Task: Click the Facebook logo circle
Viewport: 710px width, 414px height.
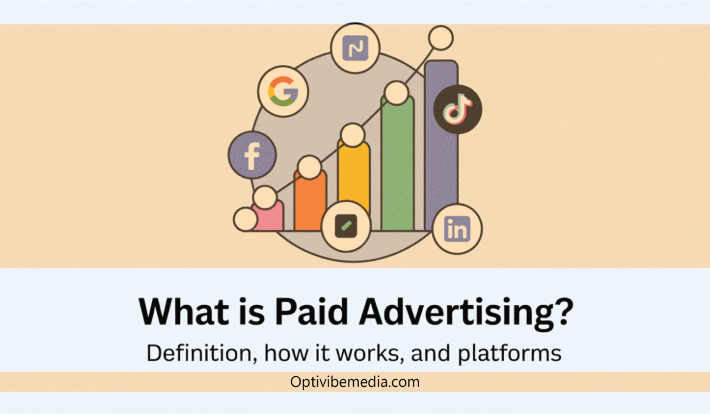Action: (x=252, y=155)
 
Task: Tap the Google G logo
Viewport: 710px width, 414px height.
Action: (x=283, y=91)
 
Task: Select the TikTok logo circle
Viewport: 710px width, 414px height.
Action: (x=457, y=109)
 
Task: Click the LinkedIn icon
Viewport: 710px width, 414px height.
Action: (x=457, y=229)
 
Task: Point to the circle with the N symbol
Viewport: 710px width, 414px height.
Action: (x=356, y=48)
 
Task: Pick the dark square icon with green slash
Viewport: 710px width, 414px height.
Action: (x=346, y=226)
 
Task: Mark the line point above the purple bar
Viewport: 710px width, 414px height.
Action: (x=441, y=38)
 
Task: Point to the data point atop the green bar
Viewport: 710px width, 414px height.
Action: (x=396, y=93)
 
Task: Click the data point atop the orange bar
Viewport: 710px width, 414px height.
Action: (x=309, y=167)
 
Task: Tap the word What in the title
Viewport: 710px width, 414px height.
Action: (x=184, y=311)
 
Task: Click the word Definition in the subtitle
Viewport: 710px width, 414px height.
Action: (x=202, y=353)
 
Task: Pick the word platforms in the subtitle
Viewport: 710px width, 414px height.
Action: (x=509, y=354)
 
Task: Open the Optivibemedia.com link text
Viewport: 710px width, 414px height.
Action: (x=354, y=381)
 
